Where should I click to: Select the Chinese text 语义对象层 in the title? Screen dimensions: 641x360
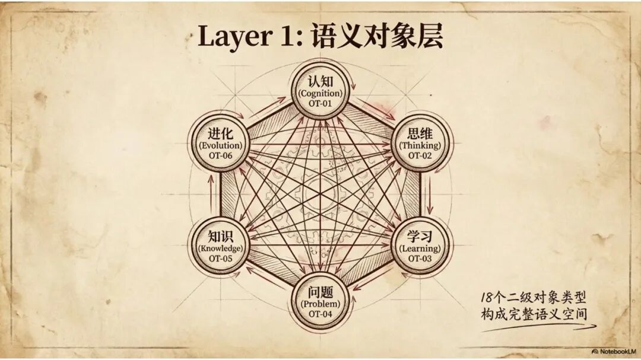pos(377,37)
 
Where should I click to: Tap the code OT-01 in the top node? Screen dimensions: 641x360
pos(320,103)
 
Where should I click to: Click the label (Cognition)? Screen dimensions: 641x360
pos(320,93)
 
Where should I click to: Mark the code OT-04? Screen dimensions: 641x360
pos(320,314)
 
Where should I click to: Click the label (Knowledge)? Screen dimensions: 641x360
pos(221,249)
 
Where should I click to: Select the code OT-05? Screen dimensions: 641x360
pos(221,259)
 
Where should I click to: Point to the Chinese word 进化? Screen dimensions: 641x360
pos(221,133)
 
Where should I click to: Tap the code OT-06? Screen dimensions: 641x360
pos(221,155)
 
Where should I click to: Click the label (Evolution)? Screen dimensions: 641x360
pos(221,145)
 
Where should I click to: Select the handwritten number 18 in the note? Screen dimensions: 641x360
pos(488,298)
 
